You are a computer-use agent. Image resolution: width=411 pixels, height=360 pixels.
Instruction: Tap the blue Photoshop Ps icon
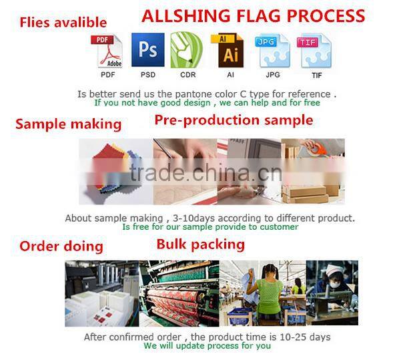coord(147,51)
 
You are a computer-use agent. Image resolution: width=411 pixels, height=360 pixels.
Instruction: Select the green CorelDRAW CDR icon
coord(187,51)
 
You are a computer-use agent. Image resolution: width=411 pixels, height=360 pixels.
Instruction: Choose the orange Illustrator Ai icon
coord(227,51)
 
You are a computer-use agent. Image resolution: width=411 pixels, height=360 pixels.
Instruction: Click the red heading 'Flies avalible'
coord(63,23)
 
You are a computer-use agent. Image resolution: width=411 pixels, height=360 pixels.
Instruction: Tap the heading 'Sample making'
coord(68,124)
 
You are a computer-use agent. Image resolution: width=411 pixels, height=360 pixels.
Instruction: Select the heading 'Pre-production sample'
coord(234,120)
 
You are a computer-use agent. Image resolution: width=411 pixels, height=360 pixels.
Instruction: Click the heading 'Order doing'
coord(61,246)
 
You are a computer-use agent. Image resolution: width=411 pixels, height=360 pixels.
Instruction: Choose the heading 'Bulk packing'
coord(200,244)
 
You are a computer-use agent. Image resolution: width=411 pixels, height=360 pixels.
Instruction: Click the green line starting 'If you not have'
coord(207,103)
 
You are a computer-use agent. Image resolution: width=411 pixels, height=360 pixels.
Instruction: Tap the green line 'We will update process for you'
coord(207,346)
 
